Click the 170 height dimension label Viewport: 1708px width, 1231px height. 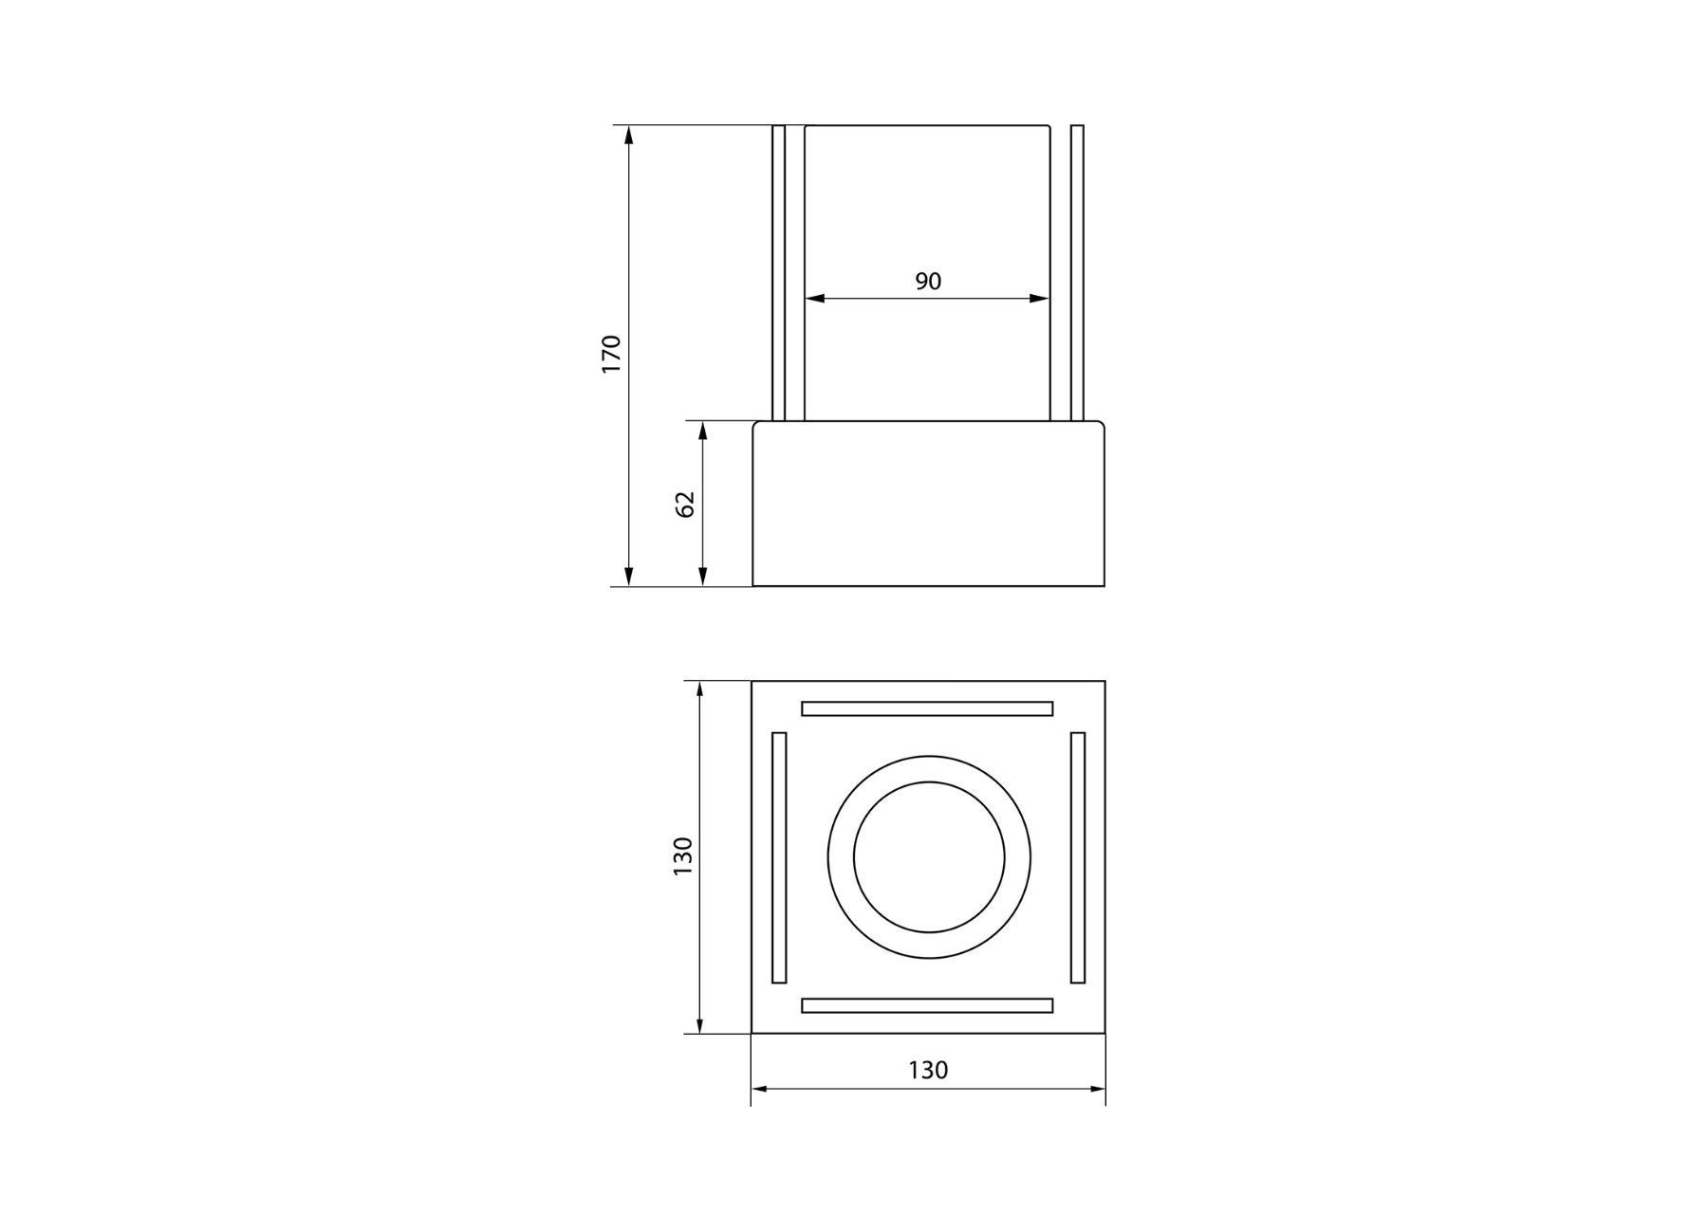point(611,353)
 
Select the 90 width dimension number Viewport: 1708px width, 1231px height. point(928,281)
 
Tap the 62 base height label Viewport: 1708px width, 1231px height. point(685,504)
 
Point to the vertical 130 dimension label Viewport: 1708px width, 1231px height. point(683,855)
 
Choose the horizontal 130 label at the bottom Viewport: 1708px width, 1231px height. point(928,1070)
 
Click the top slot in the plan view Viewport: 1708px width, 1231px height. point(927,708)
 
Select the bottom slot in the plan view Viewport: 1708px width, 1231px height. point(927,1005)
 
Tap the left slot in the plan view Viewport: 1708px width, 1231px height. point(780,857)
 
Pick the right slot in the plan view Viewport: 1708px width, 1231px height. point(1078,857)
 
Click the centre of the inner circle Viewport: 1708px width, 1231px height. point(929,857)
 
